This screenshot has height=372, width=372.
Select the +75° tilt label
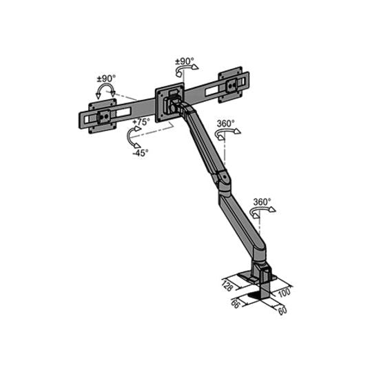[141, 121]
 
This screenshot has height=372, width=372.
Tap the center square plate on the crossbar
[170, 99]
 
